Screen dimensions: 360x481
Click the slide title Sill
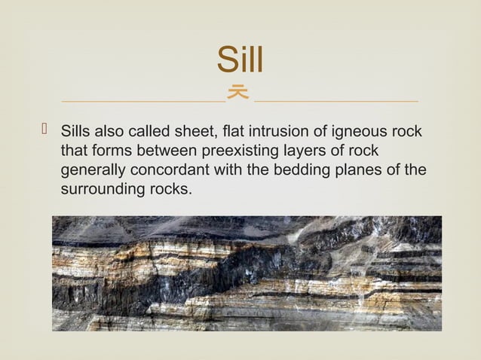pos(240,60)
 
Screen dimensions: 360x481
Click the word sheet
pos(198,133)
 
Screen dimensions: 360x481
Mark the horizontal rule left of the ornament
pos(143,100)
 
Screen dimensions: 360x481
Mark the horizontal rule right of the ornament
pos(336,100)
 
